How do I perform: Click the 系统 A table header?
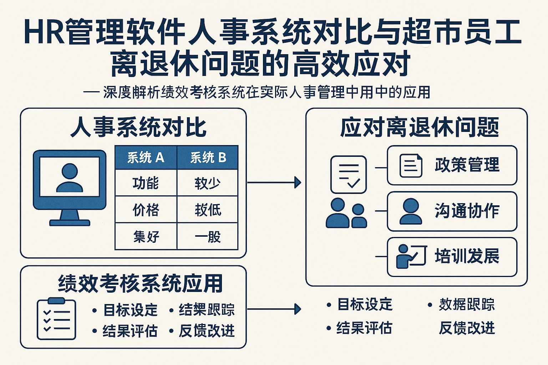coord(146,157)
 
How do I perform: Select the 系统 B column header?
coord(208,157)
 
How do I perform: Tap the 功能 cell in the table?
coord(146,183)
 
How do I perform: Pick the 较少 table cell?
coord(208,183)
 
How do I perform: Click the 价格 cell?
coord(146,210)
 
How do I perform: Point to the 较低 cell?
coord(208,210)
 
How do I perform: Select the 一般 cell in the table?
coord(208,236)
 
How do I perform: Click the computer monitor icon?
coord(70,187)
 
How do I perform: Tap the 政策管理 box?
coord(452,165)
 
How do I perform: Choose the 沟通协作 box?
coord(452,211)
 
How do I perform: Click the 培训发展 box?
coord(452,257)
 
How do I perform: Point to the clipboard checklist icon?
coord(56,318)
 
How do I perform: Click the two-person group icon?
coord(346,213)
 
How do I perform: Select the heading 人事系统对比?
coord(138,127)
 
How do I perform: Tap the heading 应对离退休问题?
coord(419,127)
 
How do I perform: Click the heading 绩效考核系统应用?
coord(140,283)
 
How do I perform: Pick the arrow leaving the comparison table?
coord(274,182)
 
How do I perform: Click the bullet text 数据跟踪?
coord(466,304)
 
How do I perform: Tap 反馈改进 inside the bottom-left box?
coord(207,330)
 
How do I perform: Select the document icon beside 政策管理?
coord(410,165)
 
